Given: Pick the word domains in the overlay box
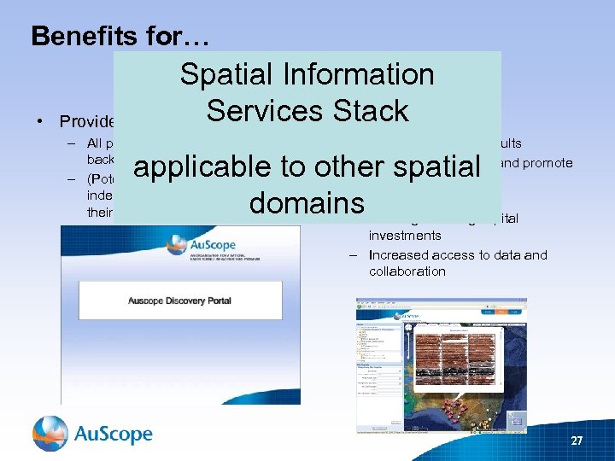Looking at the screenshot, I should (307, 203).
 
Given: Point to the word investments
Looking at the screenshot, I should (405, 235).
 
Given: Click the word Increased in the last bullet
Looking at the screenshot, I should (398, 254).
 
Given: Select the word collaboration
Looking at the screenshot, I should (407, 271).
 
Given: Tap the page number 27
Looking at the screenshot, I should (577, 441).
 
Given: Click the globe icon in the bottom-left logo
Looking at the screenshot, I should (50, 434).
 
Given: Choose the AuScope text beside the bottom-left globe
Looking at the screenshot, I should (113, 435).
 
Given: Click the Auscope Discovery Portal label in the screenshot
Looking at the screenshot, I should (179, 301).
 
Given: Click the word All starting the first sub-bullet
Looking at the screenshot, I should (97, 144).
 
